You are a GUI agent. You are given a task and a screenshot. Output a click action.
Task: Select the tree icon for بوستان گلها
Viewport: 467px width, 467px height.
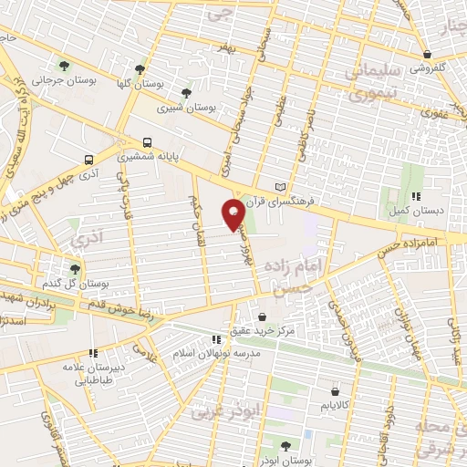point(139,68)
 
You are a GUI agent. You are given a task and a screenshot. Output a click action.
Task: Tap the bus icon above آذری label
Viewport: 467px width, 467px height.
point(88,156)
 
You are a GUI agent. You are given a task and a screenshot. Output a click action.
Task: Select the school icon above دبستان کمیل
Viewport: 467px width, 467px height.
point(416,195)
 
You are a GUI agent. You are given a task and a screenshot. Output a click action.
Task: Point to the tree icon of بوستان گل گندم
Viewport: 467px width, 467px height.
point(75,269)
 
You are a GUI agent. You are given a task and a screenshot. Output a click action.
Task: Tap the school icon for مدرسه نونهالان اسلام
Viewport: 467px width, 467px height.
point(216,339)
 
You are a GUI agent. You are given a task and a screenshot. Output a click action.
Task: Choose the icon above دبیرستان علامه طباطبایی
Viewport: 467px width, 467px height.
point(92,353)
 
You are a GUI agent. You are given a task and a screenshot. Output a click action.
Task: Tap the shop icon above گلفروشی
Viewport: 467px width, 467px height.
point(426,54)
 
